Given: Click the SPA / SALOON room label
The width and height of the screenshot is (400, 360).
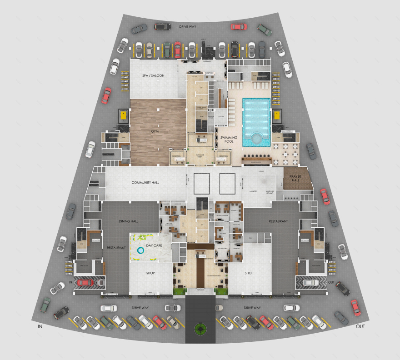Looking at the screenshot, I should point(153,75).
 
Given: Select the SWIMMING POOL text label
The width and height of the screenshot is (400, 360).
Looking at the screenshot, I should point(229,140).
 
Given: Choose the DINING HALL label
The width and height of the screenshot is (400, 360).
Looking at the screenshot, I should point(129,221).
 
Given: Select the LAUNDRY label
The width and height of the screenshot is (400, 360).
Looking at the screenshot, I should point(253,191).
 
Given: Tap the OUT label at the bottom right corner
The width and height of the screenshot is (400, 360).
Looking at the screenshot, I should point(360,326).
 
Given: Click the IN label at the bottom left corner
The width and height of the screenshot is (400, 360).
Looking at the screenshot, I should point(40,326).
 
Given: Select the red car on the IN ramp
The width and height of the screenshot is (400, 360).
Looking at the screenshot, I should point(85,283).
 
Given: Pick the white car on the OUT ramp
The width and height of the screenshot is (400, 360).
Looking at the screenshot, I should point(310,283).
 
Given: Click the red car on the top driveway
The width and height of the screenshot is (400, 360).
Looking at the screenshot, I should point(239,26).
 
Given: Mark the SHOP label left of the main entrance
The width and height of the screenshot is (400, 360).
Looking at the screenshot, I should point(151,273).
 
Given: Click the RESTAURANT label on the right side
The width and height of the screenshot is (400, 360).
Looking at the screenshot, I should point(278,221).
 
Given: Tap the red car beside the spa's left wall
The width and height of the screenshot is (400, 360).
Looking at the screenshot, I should point(106,95).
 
